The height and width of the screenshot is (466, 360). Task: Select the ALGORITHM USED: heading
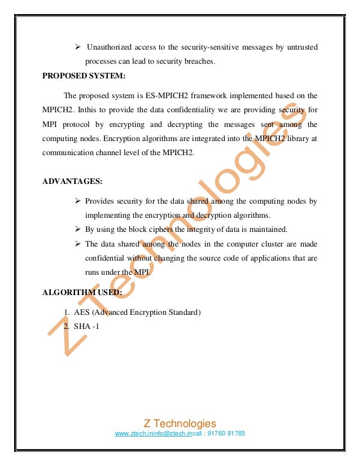(x=78, y=292)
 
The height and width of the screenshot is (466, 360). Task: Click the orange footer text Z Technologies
(x=180, y=423)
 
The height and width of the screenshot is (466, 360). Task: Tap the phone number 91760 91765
(x=229, y=433)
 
